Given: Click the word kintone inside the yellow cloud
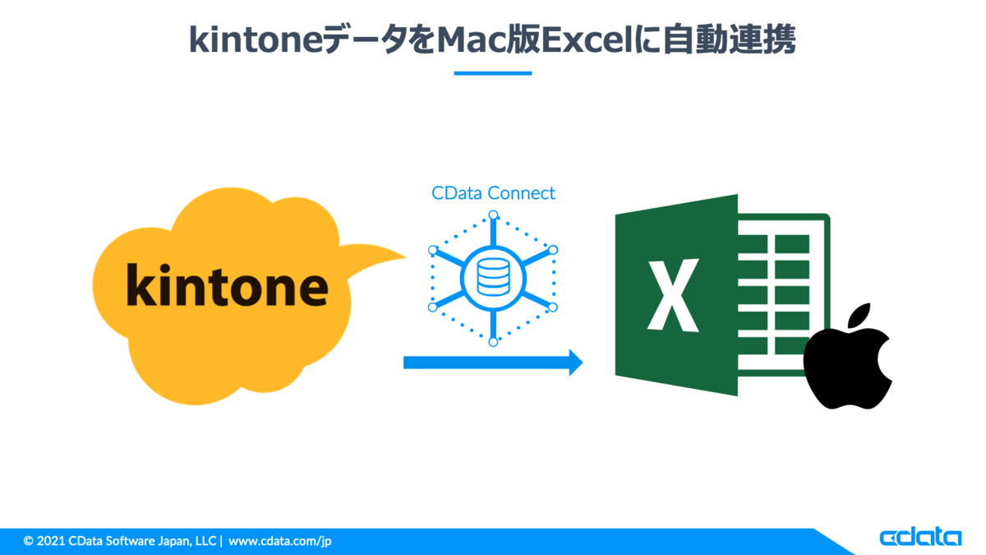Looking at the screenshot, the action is click(x=227, y=284).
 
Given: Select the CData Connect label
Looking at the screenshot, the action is click(x=493, y=193).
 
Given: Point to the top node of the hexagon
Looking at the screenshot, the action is click(x=494, y=215).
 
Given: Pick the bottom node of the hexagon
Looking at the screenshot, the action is click(x=494, y=342).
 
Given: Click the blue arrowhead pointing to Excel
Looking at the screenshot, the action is click(x=575, y=363).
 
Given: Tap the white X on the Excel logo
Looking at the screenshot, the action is click(x=673, y=294).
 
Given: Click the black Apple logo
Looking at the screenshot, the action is click(x=848, y=356).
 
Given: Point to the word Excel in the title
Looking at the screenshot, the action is click(x=587, y=40).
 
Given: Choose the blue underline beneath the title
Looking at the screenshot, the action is click(x=493, y=73).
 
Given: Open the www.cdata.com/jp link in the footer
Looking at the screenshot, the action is click(x=280, y=541).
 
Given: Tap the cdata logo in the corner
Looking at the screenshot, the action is click(x=920, y=537).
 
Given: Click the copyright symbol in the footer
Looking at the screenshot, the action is click(x=28, y=541).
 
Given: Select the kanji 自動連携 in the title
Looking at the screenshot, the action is click(x=729, y=39).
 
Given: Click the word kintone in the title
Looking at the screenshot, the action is click(x=256, y=39).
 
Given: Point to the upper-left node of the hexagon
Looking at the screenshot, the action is click(x=433, y=250).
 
